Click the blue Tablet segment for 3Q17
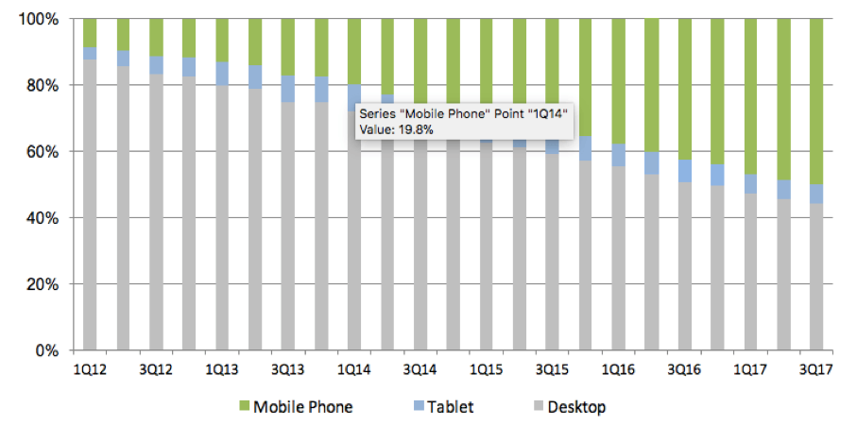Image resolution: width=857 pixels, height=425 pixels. tap(815, 194)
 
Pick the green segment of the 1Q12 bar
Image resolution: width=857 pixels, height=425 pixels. tap(90, 32)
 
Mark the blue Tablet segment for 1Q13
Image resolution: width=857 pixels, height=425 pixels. tap(221, 74)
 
